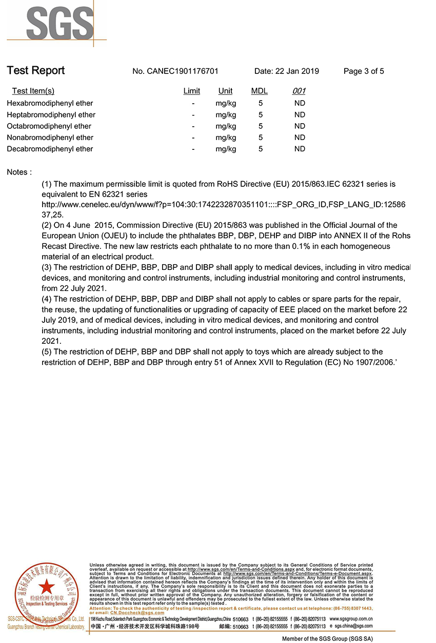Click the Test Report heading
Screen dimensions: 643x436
coord(36,71)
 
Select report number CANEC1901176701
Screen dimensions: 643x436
coord(175,71)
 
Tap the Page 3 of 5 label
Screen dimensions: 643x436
coord(364,71)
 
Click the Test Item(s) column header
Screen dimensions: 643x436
coord(33,91)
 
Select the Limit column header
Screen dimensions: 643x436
coord(192,91)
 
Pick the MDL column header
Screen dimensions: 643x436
coord(259,91)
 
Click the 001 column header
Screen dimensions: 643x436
coord(299,91)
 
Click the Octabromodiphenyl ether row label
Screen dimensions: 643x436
coord(49,126)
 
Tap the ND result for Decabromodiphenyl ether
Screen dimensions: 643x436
coord(300,149)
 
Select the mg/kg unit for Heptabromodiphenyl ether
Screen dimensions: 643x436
coord(226,115)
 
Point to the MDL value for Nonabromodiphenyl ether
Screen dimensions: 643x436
coord(261,138)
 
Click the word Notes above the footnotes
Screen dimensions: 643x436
coord(19,172)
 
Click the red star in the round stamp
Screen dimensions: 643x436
coord(47,586)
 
